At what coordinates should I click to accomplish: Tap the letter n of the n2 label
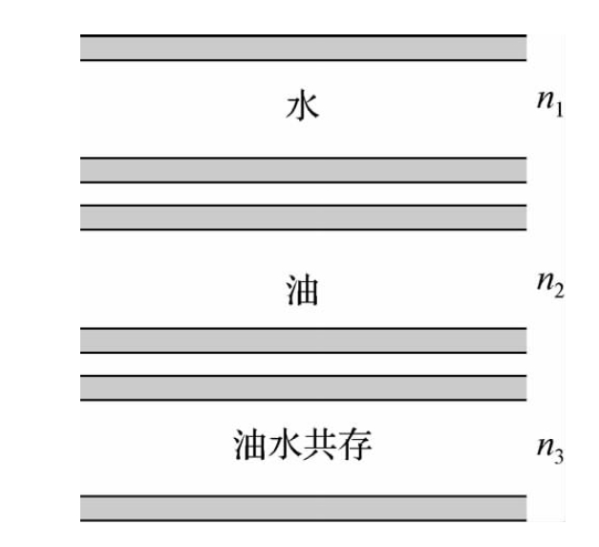click(545, 283)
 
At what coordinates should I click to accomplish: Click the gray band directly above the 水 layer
click(303, 48)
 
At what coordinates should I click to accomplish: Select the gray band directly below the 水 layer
click(303, 170)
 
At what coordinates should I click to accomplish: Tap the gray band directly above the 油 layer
click(303, 217)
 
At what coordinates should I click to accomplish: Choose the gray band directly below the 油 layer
click(303, 340)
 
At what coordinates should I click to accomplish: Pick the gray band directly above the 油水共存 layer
click(303, 387)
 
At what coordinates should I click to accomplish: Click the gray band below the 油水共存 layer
click(303, 508)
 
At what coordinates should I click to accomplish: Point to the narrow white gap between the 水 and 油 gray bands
click(303, 193)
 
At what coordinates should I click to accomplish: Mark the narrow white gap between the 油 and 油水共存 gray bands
click(303, 363)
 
